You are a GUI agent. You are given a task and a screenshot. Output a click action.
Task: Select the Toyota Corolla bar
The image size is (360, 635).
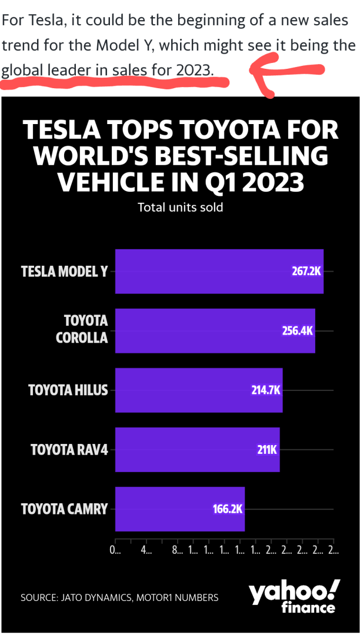pos(215,330)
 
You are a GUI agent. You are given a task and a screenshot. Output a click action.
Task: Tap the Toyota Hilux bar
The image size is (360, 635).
pos(199,390)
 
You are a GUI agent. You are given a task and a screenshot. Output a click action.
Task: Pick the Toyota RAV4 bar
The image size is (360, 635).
pos(197,449)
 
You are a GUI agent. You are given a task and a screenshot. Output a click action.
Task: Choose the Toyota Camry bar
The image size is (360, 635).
pos(179,509)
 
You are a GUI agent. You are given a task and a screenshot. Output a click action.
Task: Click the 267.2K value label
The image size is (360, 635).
pos(306,272)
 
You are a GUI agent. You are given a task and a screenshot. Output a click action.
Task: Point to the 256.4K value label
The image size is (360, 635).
pos(298,330)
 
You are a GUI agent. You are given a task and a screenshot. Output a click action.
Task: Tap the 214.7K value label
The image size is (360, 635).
pos(265,390)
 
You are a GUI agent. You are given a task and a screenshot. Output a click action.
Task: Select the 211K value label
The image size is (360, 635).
pos(266,450)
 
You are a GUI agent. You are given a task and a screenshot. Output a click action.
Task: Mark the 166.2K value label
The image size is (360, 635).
pos(228,509)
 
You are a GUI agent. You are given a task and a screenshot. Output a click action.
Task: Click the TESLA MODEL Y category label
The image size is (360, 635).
pos(65,272)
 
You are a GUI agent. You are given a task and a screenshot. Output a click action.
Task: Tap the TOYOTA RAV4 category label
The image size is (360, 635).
pos(69,450)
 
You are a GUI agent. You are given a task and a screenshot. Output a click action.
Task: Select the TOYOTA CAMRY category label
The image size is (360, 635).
pos(65,509)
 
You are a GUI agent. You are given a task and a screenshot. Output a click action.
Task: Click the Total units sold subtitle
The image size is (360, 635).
pos(180,208)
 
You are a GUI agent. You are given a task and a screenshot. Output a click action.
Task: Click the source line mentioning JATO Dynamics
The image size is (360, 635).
pos(119,597)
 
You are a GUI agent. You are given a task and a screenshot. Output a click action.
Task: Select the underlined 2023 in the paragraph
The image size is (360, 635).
pos(193,71)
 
